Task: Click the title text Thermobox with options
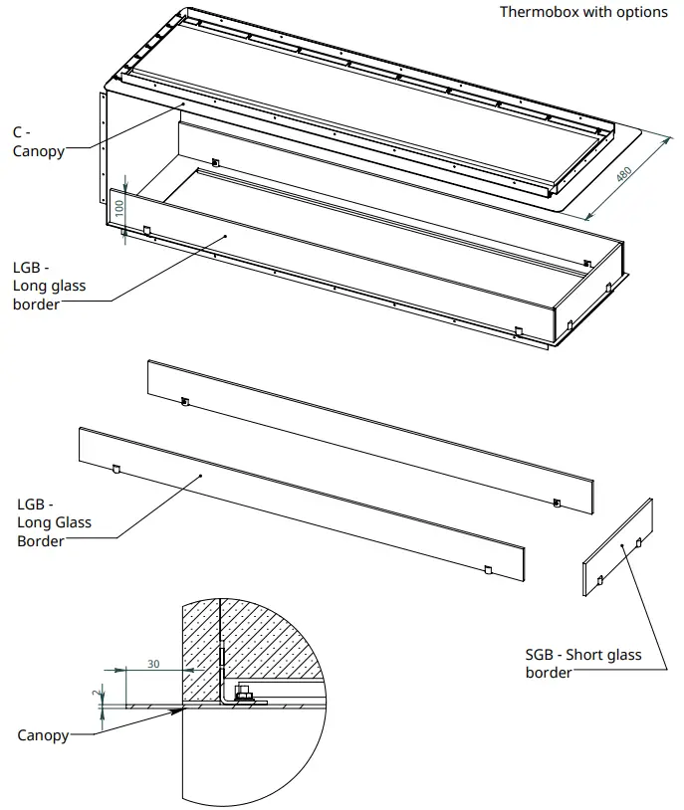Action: coord(583,12)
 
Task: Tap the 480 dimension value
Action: coord(623,172)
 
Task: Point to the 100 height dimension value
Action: coord(119,208)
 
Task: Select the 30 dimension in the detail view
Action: coord(153,664)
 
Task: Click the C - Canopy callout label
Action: coord(38,141)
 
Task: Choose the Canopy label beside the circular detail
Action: coord(43,735)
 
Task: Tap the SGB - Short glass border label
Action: coord(582,664)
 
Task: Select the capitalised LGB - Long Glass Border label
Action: coord(54,522)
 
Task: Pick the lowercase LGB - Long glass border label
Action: coord(49,286)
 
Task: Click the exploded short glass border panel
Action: coord(618,547)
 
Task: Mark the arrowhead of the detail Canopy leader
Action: coord(183,709)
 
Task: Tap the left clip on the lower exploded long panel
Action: coord(116,469)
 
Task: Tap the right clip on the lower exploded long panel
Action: coord(486,569)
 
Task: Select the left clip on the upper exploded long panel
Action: coord(184,401)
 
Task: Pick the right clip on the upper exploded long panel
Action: coord(556,502)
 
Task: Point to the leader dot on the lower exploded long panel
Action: coord(202,477)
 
